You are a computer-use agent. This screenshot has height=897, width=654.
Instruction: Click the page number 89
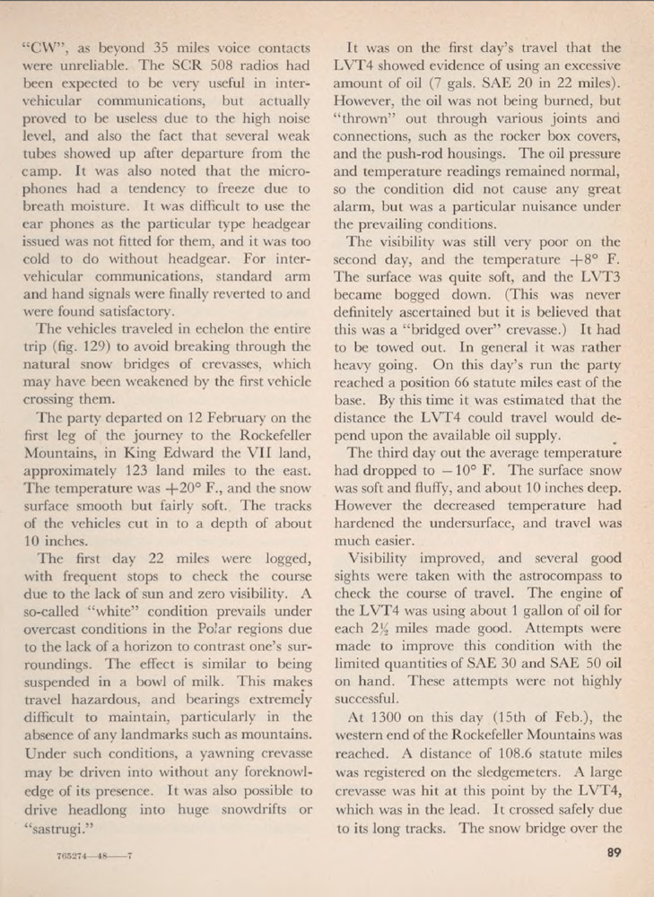[614, 853]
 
